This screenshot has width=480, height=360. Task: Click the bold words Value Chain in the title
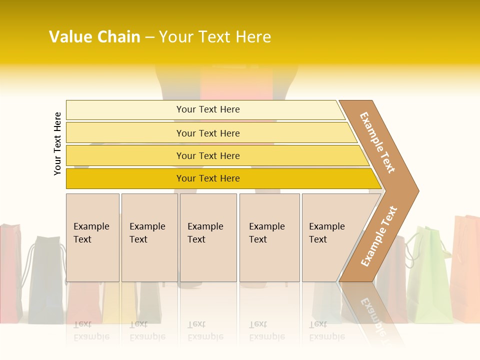[x=94, y=37]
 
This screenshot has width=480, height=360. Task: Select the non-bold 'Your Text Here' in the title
[x=215, y=37]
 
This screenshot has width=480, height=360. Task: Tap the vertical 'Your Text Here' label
[x=58, y=143]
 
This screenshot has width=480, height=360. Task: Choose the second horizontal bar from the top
[x=207, y=133]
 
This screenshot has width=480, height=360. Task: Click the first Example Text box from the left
[x=92, y=237]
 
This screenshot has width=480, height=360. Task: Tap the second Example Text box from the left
[x=149, y=237]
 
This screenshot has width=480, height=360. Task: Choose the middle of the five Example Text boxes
[x=208, y=237]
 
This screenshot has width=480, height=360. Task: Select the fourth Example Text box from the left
[x=269, y=237]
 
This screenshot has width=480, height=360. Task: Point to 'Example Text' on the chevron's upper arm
[x=377, y=142]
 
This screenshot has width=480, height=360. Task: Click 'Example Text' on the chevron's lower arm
[x=379, y=236]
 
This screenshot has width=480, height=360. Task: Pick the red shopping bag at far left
[x=10, y=270]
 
